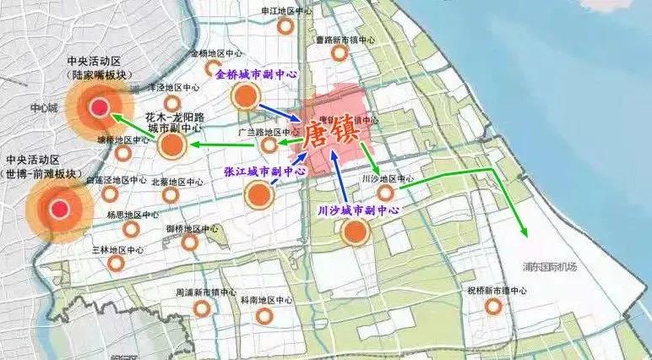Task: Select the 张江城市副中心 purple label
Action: (x=265, y=171)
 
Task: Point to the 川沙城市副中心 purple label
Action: (x=359, y=209)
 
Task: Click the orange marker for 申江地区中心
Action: (x=285, y=26)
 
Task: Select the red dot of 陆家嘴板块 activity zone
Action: (x=99, y=108)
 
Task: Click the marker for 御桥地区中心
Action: (x=190, y=243)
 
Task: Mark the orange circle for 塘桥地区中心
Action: (x=123, y=154)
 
